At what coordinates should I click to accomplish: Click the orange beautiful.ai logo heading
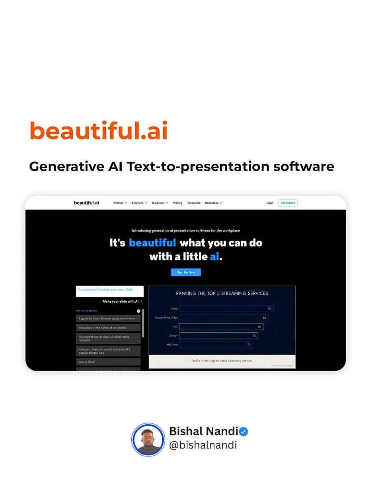click(x=99, y=130)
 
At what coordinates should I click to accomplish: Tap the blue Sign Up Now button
click(x=186, y=272)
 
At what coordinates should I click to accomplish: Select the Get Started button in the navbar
click(x=288, y=203)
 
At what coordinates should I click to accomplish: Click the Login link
click(x=270, y=203)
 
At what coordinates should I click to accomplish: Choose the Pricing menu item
click(x=177, y=203)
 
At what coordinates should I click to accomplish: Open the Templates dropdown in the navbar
click(x=160, y=203)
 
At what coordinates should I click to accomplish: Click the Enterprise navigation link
click(x=194, y=203)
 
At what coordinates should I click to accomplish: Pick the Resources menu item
click(x=213, y=203)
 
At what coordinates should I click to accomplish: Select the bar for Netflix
click(x=226, y=309)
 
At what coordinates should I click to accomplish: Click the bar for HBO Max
click(x=216, y=345)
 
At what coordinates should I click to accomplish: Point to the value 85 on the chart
click(x=265, y=317)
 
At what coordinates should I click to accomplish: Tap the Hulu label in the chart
click(x=175, y=327)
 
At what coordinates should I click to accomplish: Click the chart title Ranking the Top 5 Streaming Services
click(x=222, y=294)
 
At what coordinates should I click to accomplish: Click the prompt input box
click(x=109, y=291)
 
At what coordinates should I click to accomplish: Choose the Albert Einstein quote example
click(x=108, y=318)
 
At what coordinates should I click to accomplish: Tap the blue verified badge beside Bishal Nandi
click(x=243, y=432)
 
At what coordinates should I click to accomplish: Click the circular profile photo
click(x=148, y=439)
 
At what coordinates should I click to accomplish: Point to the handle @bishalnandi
click(x=203, y=445)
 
